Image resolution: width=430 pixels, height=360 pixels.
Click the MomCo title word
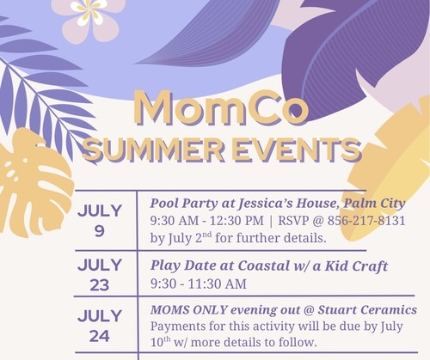coord(221,107)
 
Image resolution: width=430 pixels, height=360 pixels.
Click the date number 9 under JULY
coord(99,231)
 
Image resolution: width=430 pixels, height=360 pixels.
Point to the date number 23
coord(100,285)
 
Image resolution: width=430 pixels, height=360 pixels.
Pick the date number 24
coord(100,336)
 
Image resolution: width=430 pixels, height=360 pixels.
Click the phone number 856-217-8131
coord(366,221)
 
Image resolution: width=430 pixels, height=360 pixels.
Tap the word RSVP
coord(292,221)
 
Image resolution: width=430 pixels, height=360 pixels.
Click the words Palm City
coord(374,204)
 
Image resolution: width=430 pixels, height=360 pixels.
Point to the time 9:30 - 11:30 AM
coord(199,284)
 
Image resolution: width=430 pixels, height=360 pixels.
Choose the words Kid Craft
coord(356,265)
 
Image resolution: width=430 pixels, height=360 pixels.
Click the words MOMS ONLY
coord(189,309)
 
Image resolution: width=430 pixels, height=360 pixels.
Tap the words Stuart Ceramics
coord(367,309)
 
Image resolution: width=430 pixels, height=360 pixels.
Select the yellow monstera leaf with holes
coord(34,183)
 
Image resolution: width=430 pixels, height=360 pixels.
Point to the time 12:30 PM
coord(236,221)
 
